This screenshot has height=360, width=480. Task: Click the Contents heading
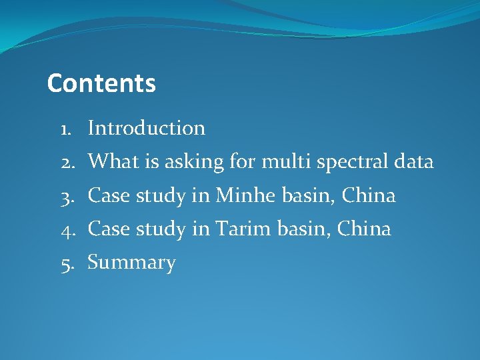(x=101, y=84)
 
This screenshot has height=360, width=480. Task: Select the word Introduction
(x=146, y=128)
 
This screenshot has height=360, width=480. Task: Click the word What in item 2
(x=109, y=161)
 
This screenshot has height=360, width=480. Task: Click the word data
(x=413, y=161)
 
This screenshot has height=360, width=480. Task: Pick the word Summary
(x=131, y=263)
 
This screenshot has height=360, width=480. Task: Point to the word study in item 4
(x=161, y=229)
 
